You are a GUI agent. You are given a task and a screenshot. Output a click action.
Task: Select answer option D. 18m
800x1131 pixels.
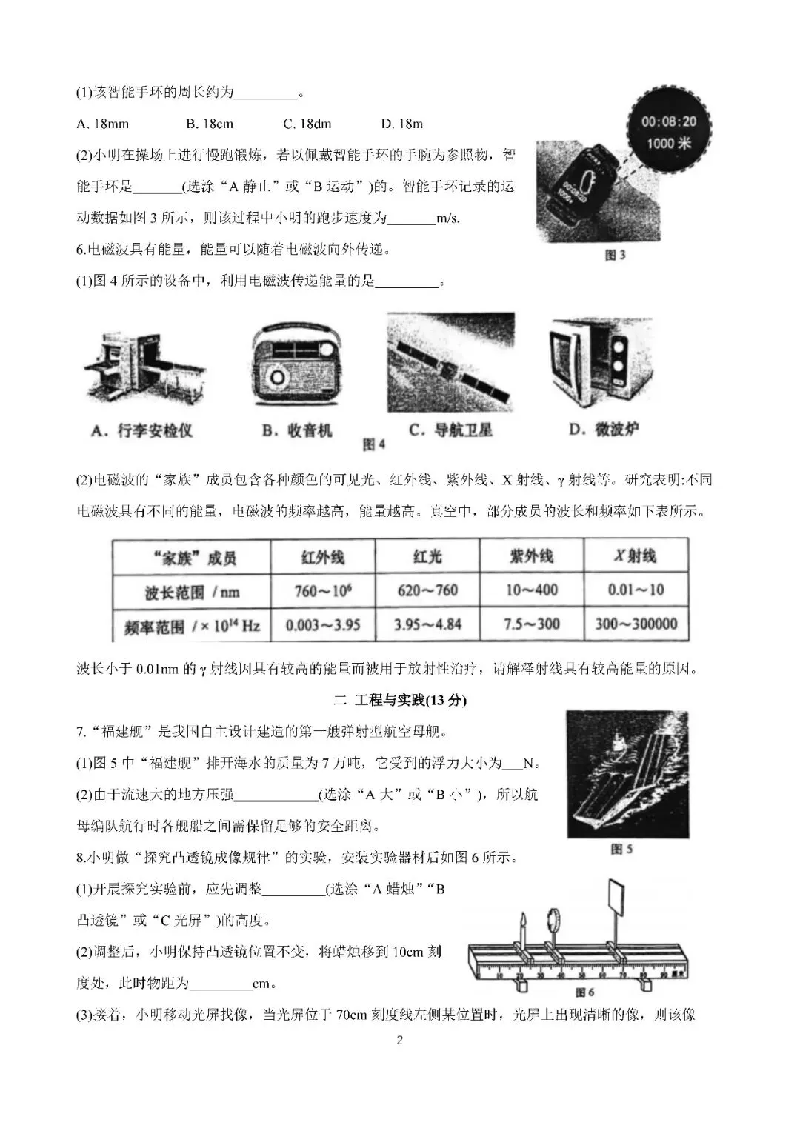[x=401, y=124]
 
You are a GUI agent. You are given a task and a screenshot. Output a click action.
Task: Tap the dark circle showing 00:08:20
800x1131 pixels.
[x=668, y=131]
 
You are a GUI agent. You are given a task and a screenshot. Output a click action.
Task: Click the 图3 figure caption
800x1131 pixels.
[x=615, y=256]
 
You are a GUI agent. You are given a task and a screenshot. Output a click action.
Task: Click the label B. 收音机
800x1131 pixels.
[x=297, y=430]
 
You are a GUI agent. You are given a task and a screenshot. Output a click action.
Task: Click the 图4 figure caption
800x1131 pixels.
[x=374, y=445]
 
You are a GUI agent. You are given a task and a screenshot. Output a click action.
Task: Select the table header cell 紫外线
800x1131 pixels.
[x=531, y=556]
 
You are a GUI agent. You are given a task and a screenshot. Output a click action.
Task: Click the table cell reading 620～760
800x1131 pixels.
[x=427, y=590]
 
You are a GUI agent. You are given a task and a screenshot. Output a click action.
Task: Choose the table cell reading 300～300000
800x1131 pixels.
[x=636, y=624]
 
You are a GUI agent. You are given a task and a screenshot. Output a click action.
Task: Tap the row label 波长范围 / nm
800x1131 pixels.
[x=192, y=592]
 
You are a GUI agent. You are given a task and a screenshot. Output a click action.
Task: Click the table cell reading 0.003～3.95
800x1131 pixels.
[x=323, y=624]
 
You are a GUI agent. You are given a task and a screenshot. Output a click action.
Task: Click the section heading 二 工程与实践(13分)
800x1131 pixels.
[x=400, y=700]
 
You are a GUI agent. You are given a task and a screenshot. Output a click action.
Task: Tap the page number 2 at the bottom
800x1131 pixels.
[x=400, y=1041]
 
